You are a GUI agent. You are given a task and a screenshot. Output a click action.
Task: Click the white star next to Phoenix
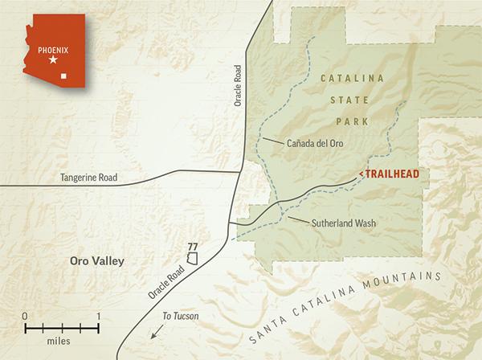click(53, 59)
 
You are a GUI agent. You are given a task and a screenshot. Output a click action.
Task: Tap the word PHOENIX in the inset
click(53, 47)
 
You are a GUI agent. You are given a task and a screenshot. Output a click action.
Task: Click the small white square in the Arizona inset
click(76, 78)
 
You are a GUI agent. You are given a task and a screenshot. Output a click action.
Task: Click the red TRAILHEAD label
click(394, 174)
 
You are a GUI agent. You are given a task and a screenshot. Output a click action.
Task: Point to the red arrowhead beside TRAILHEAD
click(363, 174)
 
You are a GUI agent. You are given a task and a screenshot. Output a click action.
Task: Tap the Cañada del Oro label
click(315, 145)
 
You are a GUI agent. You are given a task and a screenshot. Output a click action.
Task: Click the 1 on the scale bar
click(97, 315)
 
